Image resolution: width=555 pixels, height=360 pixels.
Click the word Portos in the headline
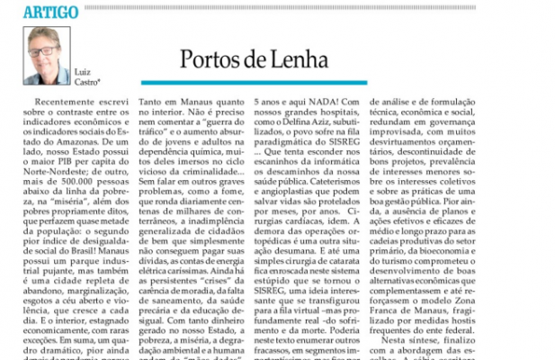point(213,60)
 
